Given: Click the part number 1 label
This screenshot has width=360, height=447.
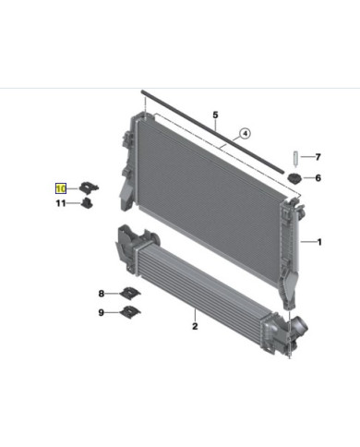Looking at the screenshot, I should pyautogui.click(x=318, y=243).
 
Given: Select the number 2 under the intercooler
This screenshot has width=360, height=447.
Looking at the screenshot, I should pyautogui.click(x=195, y=325).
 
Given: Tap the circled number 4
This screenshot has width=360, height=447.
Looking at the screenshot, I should pyautogui.click(x=245, y=133).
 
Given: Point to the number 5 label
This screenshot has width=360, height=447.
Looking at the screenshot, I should pyautogui.click(x=214, y=116).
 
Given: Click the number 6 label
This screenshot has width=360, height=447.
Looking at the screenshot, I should pyautogui.click(x=318, y=178).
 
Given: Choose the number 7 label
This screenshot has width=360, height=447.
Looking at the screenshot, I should pyautogui.click(x=318, y=157).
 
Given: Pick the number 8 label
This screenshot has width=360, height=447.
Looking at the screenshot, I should pyautogui.click(x=102, y=294).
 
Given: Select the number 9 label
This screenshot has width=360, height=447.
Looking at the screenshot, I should pyautogui.click(x=102, y=313).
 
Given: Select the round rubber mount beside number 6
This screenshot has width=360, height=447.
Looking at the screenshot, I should pyautogui.click(x=294, y=178).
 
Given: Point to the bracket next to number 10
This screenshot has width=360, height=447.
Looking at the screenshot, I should pyautogui.click(x=90, y=187).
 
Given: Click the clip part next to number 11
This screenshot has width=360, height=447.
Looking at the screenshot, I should pyautogui.click(x=87, y=202).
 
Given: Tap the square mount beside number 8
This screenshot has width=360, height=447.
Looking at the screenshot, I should pyautogui.click(x=130, y=294).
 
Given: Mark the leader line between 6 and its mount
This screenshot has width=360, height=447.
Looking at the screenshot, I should pyautogui.click(x=307, y=178).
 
